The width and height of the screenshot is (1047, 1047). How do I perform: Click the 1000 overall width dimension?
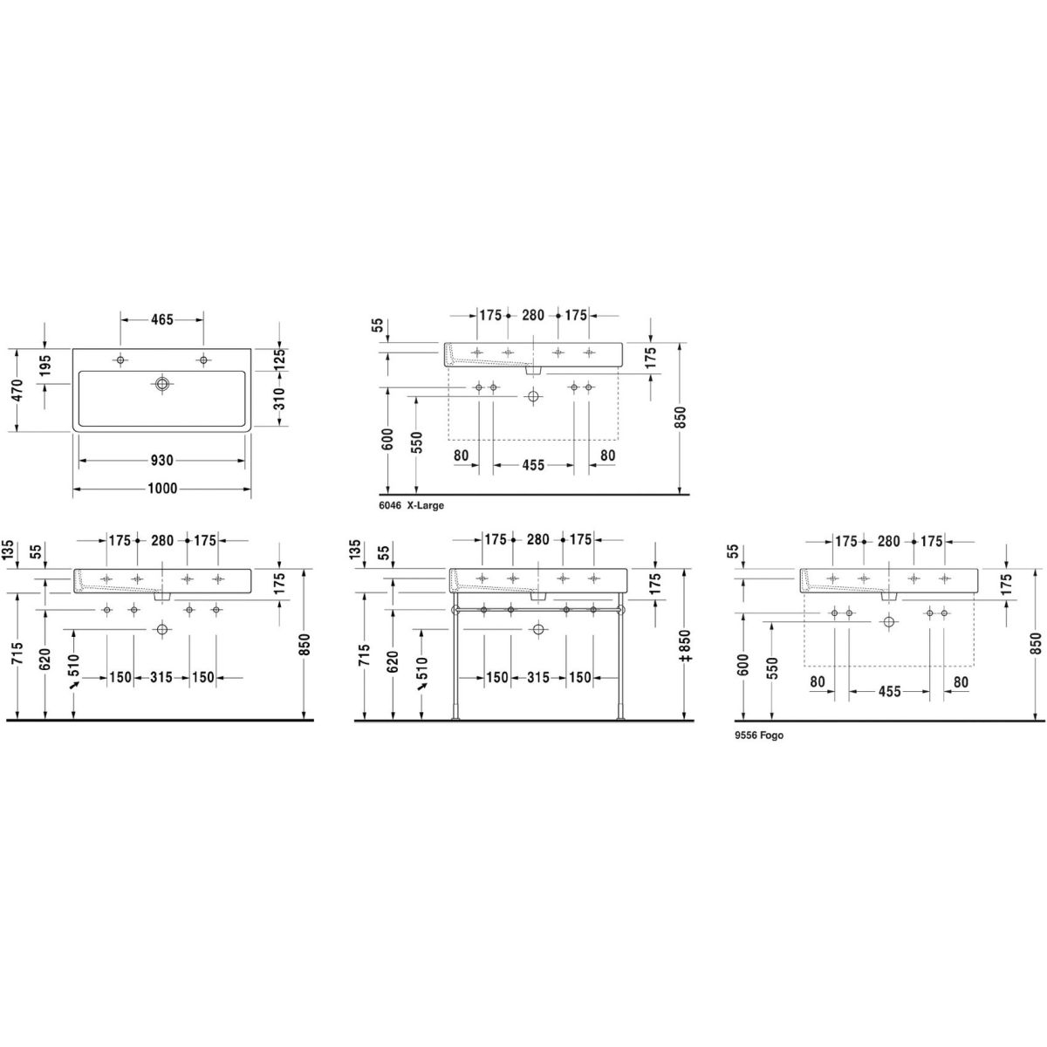pyautogui.click(x=162, y=489)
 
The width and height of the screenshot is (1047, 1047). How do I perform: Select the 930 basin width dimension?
pyautogui.click(x=162, y=460)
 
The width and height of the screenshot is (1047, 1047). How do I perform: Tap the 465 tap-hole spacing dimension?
pyautogui.click(x=162, y=319)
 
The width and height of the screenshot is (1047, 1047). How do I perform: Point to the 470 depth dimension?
pyautogui.click(x=17, y=390)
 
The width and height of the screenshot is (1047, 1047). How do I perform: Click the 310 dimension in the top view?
pyautogui.click(x=278, y=398)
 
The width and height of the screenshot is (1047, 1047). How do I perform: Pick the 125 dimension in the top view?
pyautogui.click(x=278, y=359)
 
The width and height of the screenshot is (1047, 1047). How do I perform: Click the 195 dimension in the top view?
pyautogui.click(x=44, y=365)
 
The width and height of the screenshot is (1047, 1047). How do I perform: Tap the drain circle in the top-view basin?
pyautogui.click(x=162, y=384)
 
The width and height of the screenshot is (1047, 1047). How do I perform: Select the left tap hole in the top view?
pyautogui.click(x=120, y=359)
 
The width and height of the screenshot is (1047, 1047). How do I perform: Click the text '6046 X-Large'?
pyautogui.click(x=411, y=506)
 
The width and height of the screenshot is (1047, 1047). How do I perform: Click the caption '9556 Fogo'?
pyautogui.click(x=758, y=736)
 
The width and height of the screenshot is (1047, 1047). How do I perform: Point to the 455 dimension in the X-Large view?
pyautogui.click(x=533, y=465)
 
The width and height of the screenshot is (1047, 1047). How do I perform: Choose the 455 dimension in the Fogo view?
pyautogui.click(x=889, y=692)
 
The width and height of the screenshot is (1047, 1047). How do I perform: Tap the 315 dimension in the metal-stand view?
pyautogui.click(x=538, y=678)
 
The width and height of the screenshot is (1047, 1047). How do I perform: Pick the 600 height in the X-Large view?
pyautogui.click(x=387, y=439)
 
